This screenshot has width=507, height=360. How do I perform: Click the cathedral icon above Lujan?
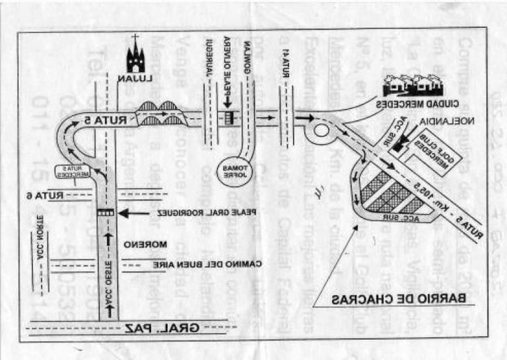135,56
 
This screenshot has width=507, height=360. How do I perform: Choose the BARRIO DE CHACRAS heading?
398,299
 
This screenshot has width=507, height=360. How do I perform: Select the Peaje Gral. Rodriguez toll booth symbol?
105,213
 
